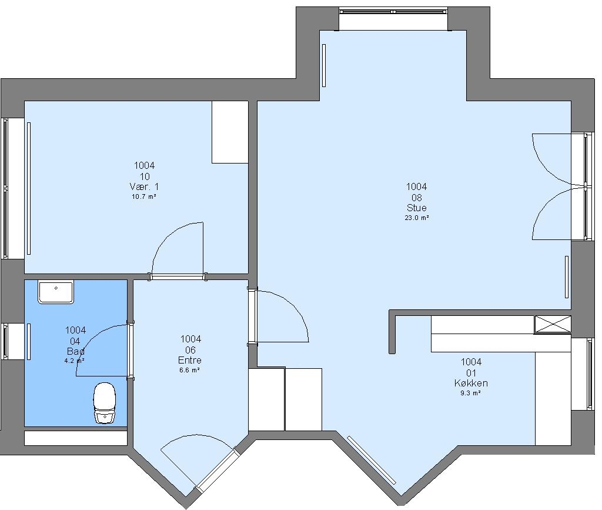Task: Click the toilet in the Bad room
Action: point(105,403)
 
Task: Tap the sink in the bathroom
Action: point(56,292)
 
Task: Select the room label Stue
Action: point(417,208)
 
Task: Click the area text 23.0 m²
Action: point(417,218)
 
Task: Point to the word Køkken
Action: point(471,383)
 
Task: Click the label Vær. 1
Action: point(144,186)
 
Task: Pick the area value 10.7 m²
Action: point(144,196)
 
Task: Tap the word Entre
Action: point(190,360)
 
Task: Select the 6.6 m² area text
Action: point(190,370)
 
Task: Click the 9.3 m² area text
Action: point(471,393)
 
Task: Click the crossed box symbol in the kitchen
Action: point(553,324)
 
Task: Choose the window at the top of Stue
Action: point(393,12)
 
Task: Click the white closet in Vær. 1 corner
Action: point(230,132)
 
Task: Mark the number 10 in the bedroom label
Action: point(145,176)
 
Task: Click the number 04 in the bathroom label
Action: point(75,341)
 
